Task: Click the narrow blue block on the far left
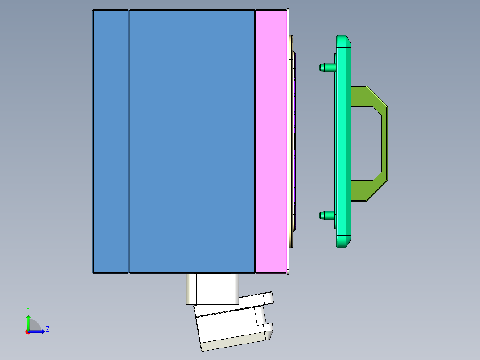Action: [x=110, y=141]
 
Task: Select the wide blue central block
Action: [x=192, y=141]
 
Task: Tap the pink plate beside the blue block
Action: [x=271, y=141]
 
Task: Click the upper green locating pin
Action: [x=326, y=68]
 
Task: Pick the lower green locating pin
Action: [x=326, y=216]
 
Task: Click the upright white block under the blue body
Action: [x=212, y=289]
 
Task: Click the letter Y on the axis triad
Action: [x=28, y=309]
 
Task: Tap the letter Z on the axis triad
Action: [x=47, y=329]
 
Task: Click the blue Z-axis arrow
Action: [x=38, y=331]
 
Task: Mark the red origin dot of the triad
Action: [x=28, y=331]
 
